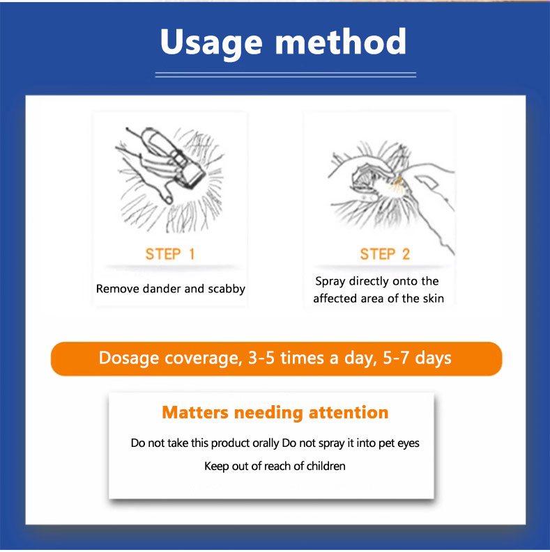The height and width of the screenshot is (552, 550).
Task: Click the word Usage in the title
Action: point(211,44)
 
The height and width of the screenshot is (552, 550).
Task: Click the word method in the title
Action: point(341,41)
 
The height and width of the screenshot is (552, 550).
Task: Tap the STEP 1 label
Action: point(170,254)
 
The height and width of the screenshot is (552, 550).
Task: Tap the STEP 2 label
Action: point(385,254)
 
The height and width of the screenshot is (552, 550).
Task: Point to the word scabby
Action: point(227,289)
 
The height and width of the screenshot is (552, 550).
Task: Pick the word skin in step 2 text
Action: point(434,299)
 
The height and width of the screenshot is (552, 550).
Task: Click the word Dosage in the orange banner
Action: point(129,358)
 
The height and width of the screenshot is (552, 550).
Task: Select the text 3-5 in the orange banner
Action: point(261,357)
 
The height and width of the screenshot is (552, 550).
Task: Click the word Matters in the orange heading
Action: point(195,412)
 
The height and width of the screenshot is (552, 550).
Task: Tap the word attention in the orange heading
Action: point(349,412)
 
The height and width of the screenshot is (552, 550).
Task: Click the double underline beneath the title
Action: point(286,74)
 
